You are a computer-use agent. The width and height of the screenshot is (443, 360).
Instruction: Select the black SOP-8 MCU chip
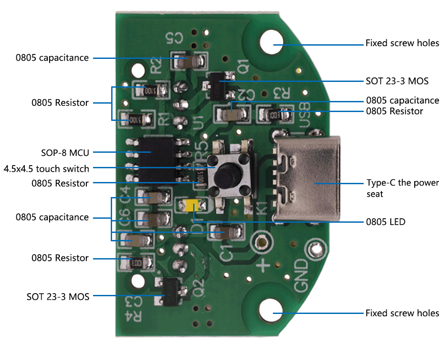(155, 159)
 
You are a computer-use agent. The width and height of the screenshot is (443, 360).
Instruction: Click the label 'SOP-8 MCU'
(65, 153)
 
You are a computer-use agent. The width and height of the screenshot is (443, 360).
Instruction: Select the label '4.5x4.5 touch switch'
(47, 169)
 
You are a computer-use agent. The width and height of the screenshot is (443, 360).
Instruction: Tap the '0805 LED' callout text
(385, 221)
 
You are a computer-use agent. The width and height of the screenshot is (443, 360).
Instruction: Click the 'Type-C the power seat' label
(402, 188)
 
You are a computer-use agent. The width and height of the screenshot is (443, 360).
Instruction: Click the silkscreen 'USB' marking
(304, 112)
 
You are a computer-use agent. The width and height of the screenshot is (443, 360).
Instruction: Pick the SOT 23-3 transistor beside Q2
(170, 291)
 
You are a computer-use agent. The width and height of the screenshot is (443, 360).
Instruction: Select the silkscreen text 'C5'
(174, 39)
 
